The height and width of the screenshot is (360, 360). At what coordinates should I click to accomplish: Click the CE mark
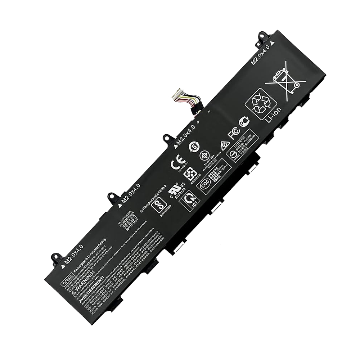click(177, 163)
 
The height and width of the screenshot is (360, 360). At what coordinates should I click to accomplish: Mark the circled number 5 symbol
click(194, 147)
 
